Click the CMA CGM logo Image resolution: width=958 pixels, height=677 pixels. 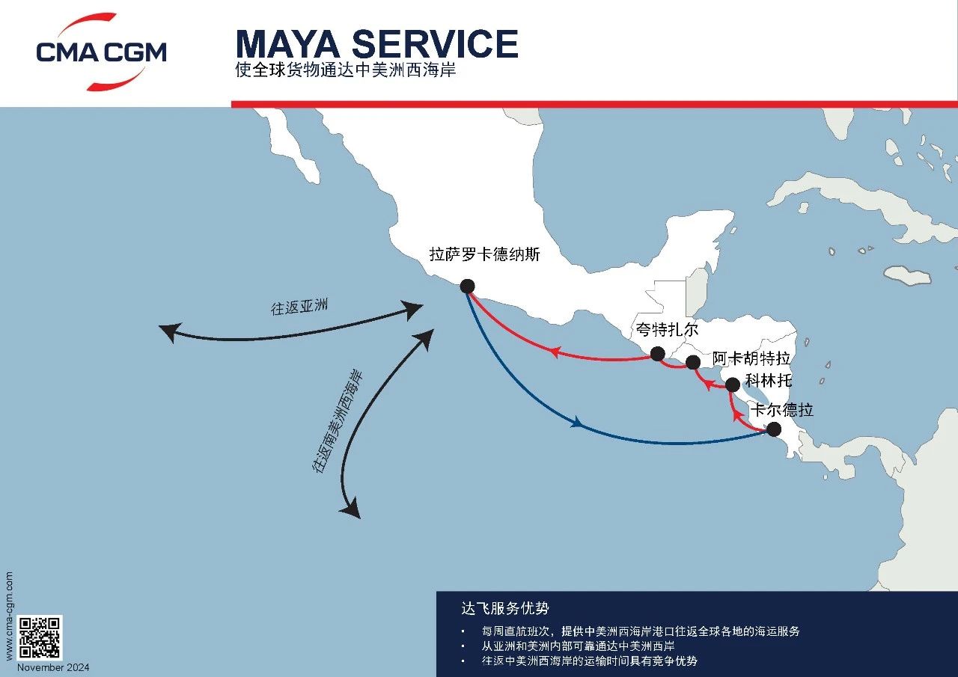(101, 52)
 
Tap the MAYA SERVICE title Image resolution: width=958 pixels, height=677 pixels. (376, 43)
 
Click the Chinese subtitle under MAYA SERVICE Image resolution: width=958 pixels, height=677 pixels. (346, 70)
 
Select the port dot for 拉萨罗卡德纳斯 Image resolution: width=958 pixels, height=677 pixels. (468, 286)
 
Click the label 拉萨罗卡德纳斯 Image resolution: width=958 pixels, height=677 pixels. (484, 254)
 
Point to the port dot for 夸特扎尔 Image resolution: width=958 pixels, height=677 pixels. (657, 353)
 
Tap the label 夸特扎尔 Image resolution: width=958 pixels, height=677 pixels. (667, 330)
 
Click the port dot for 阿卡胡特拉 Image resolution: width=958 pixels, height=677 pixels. (693, 362)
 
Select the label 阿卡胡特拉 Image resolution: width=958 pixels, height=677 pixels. (751, 358)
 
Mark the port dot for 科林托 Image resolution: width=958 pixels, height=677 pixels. (733, 385)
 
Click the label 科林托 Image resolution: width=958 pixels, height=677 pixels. (769, 380)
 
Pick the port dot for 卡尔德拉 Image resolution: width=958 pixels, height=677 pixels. (774, 429)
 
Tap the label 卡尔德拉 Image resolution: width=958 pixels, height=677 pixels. (782, 410)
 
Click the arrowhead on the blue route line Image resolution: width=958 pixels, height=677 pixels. (577, 423)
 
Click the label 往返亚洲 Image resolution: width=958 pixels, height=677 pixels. (299, 307)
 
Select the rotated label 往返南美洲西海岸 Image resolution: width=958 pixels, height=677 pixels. (338, 422)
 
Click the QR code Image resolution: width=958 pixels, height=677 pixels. (40, 637)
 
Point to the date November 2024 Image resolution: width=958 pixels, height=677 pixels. (53, 667)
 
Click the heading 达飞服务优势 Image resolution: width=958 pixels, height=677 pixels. (504, 608)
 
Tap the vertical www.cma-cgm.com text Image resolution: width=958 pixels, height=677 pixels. (9, 616)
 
